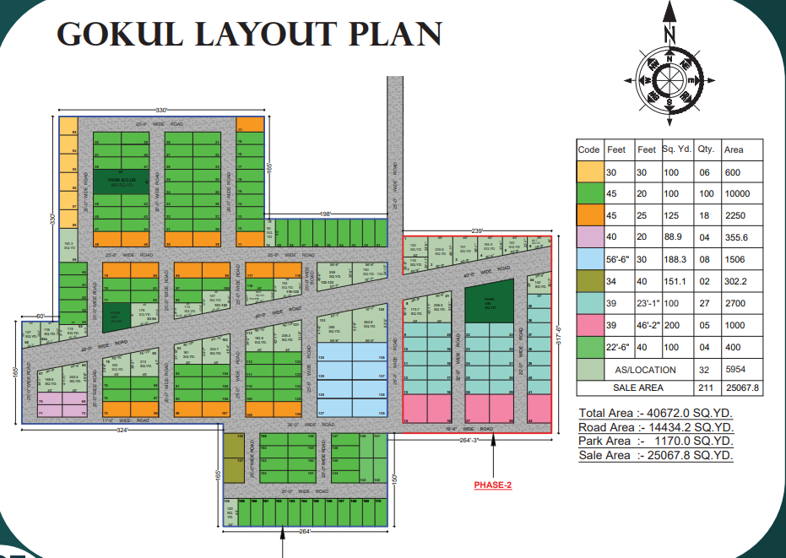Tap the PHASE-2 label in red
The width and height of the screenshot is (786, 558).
click(x=492, y=485)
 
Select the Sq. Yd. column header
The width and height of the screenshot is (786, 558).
click(x=677, y=149)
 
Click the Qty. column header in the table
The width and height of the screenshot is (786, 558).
click(x=707, y=149)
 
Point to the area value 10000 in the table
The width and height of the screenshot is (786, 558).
click(x=737, y=194)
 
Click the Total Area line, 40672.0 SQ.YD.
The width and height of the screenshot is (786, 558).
click(x=656, y=413)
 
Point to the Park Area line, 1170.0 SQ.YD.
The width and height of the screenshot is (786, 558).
click(x=656, y=441)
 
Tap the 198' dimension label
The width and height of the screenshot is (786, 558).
click(x=325, y=214)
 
